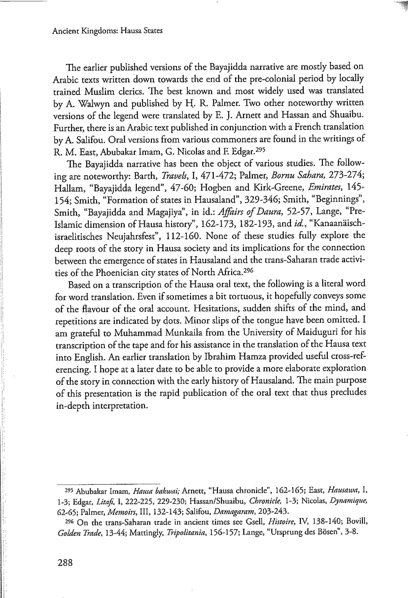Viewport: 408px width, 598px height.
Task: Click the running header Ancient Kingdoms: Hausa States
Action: [x=107, y=31]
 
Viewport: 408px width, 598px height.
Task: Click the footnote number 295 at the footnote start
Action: [x=69, y=490]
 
